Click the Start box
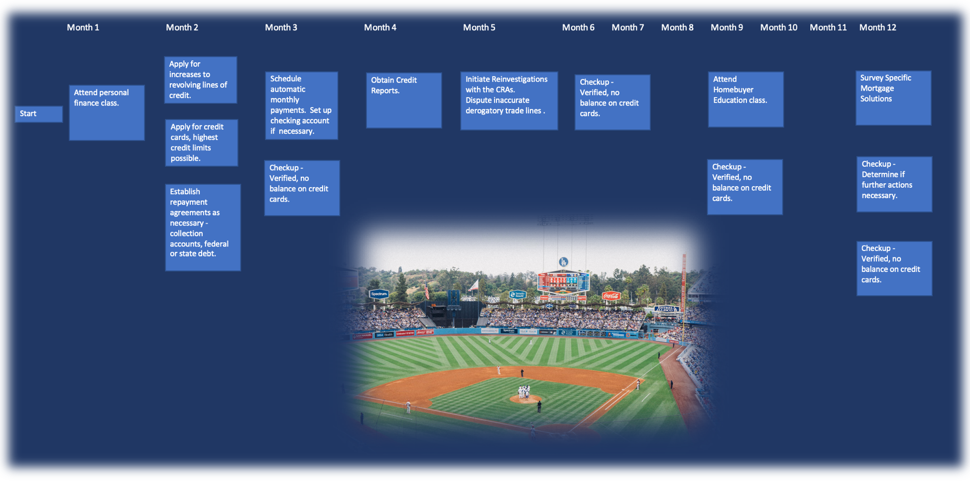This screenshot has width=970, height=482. coord(39,114)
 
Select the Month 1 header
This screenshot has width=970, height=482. coord(83,27)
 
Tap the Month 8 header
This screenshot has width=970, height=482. coord(677,27)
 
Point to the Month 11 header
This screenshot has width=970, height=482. coord(828,27)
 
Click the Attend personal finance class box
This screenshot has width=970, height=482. coord(107,113)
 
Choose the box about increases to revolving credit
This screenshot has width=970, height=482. coord(201,80)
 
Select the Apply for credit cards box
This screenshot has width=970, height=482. coord(202,142)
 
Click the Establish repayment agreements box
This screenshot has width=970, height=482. coord(203,228)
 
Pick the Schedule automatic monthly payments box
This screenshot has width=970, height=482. coord(302,106)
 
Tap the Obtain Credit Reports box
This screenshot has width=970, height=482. coord(404,101)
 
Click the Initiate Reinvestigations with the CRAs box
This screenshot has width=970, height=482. coord(509,101)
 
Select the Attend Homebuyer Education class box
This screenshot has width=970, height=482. coord(746,100)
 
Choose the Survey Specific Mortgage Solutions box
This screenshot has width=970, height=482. coord(893,98)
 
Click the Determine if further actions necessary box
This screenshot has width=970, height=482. coord(894,184)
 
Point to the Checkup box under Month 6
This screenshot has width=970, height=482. coord(612,103)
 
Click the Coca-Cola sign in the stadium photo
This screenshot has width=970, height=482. coord(611,296)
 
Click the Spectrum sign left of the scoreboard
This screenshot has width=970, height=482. coord(379,294)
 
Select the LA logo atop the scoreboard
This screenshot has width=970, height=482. coord(563,262)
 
